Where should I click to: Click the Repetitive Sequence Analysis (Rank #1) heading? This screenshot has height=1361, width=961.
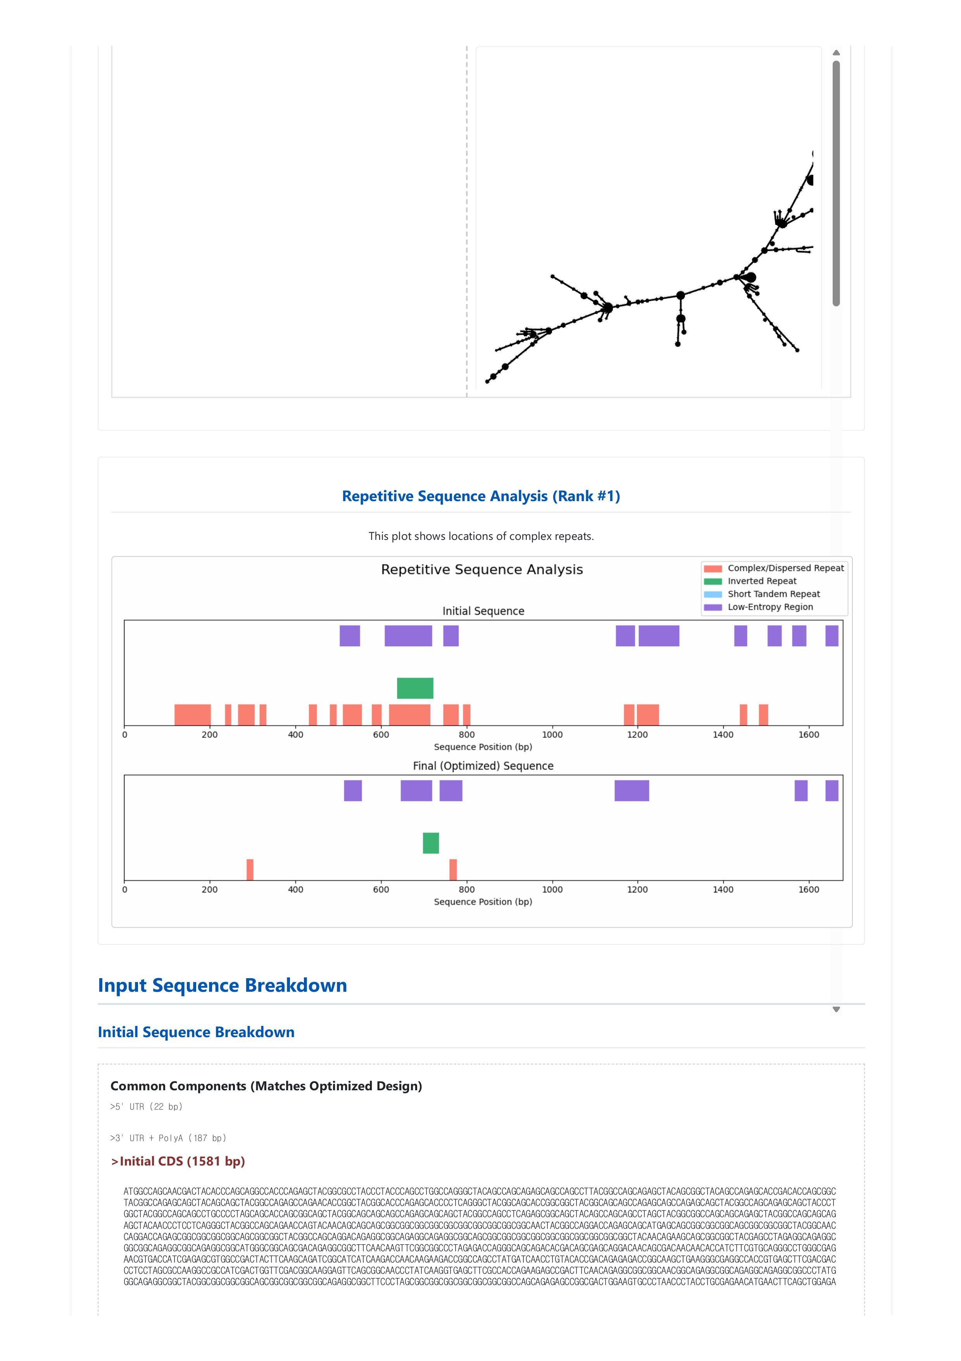pos(481,496)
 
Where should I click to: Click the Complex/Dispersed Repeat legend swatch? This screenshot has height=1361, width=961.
pos(713,569)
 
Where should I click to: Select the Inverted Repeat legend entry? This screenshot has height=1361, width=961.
pos(762,581)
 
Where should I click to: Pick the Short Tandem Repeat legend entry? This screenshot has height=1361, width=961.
pos(774,594)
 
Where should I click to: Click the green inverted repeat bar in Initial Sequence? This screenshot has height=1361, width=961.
pos(415,688)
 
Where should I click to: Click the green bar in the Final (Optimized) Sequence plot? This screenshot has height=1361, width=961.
pos(431,843)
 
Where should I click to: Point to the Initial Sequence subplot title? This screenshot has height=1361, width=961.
pos(483,611)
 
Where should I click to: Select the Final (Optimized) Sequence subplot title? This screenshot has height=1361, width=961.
pos(483,766)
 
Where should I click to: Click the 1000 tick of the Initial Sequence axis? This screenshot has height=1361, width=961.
pos(552,735)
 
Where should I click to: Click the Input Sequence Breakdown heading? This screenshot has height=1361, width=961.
pos(222,985)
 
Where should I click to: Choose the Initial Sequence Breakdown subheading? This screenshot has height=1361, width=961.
pos(196,1032)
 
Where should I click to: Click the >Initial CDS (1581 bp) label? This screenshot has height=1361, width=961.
pos(178,1161)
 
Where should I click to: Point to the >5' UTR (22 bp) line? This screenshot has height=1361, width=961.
pos(147,1107)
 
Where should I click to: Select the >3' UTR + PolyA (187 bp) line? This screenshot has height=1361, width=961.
pos(168,1138)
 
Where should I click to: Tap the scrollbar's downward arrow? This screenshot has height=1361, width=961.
pos(836,1010)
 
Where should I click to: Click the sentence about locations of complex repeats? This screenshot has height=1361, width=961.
pos(481,536)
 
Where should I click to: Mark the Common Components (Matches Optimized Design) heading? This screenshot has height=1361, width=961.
pos(266,1086)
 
